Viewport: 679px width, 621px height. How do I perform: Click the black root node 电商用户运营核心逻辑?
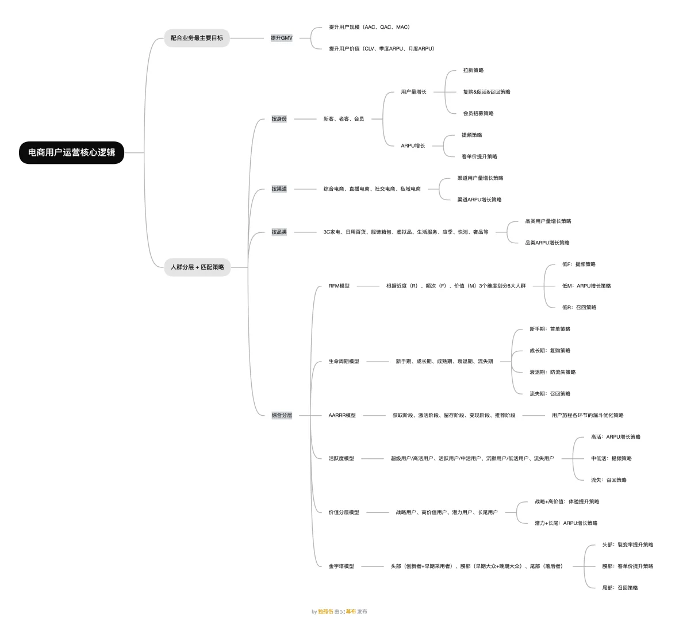[71, 152]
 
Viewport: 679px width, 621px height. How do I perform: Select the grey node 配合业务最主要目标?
[197, 38]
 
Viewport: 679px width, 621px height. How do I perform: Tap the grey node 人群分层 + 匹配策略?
[197, 267]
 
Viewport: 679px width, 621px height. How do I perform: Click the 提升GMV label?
[282, 38]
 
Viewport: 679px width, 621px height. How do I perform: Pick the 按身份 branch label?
[279, 118]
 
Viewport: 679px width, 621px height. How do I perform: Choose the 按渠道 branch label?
[279, 189]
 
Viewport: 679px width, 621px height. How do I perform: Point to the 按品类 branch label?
[279, 232]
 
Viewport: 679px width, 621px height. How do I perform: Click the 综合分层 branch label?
[282, 415]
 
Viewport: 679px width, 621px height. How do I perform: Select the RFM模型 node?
[339, 286]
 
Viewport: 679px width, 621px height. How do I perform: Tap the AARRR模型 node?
[342, 415]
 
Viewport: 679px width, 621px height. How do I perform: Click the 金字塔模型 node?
[342, 566]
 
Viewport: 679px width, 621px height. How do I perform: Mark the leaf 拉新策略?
[473, 70]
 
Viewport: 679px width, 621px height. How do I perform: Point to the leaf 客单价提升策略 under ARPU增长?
[479, 156]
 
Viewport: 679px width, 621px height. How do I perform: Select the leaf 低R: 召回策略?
[580, 308]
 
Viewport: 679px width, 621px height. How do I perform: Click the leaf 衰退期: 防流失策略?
[553, 372]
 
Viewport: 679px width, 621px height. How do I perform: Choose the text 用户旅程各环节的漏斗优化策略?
[588, 415]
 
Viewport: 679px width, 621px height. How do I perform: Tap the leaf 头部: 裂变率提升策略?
[627, 545]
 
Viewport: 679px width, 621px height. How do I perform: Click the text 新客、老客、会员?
[344, 118]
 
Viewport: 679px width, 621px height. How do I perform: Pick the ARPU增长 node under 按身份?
[413, 146]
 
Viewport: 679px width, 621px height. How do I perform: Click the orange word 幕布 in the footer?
[351, 611]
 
